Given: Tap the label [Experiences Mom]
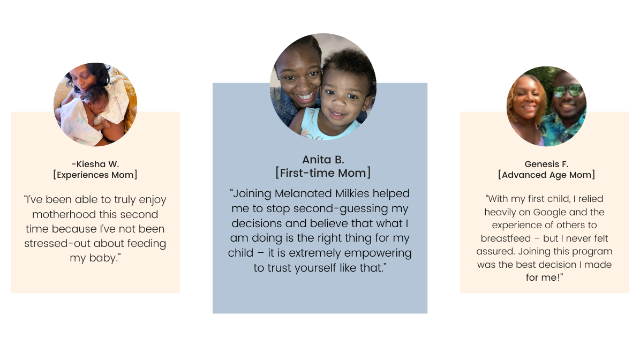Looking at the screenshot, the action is click(x=95, y=175).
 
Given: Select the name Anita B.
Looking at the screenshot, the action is click(x=323, y=160).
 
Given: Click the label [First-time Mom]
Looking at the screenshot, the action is click(x=323, y=173).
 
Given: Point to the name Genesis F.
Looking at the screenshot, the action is click(x=546, y=164).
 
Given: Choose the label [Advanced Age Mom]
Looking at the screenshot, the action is click(x=546, y=175).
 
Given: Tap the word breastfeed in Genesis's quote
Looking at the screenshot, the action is click(x=506, y=238).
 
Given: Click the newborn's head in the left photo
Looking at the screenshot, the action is click(x=94, y=96).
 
